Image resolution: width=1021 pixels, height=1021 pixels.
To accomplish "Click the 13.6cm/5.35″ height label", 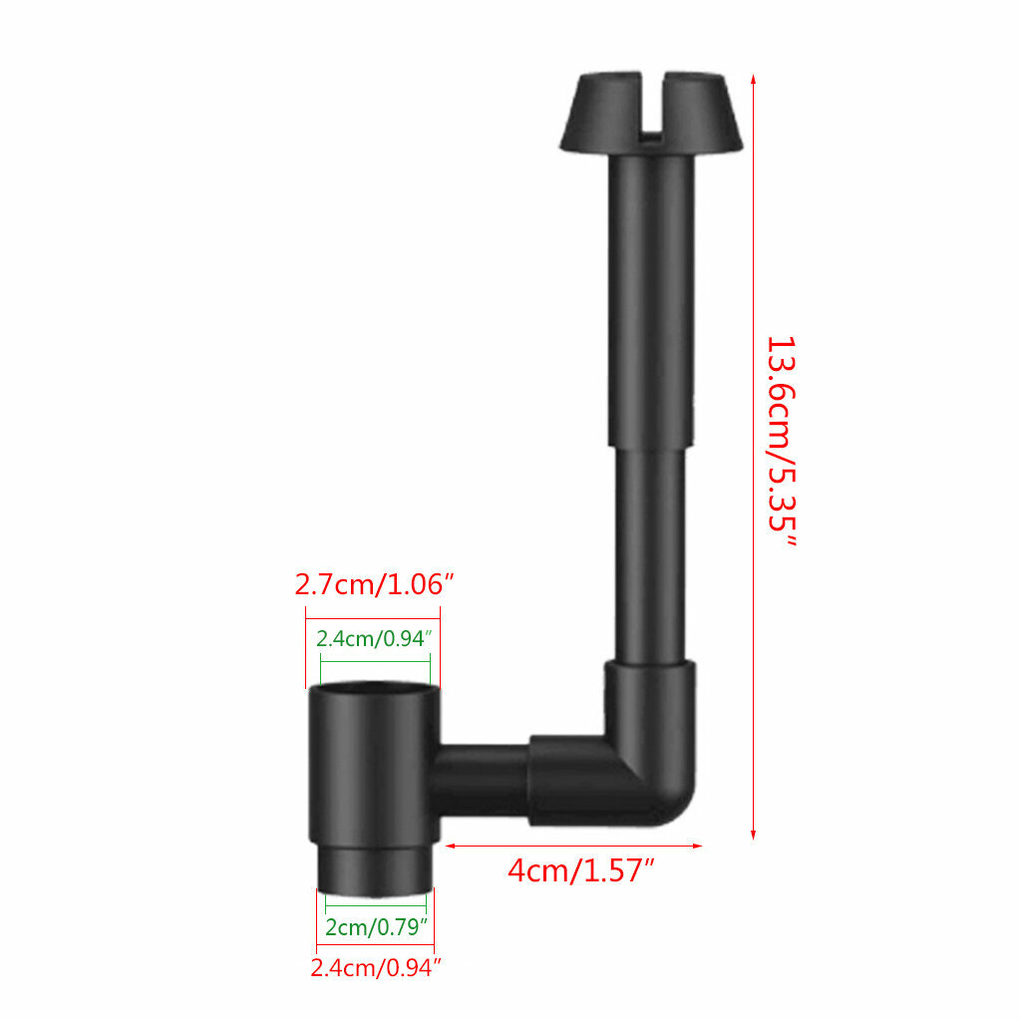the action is pyautogui.click(x=782, y=441).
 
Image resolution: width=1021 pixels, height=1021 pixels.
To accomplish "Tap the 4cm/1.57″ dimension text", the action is pyautogui.click(x=580, y=870).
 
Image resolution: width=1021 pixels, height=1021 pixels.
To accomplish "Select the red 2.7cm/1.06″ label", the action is pyautogui.click(x=374, y=584).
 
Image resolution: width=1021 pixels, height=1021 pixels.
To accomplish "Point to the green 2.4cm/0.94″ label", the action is pyautogui.click(x=374, y=638).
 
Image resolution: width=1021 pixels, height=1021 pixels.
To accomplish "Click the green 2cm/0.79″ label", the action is pyautogui.click(x=376, y=926).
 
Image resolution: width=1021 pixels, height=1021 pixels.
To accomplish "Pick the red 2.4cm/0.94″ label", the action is pyautogui.click(x=376, y=967).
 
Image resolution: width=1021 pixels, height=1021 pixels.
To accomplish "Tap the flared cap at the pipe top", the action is pyautogui.click(x=651, y=112).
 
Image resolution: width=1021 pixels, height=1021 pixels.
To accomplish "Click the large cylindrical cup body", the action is pyautogui.click(x=374, y=763).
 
